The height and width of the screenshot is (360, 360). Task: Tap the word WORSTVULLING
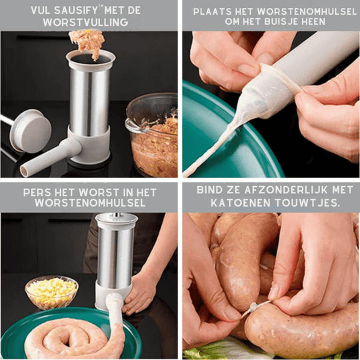85,22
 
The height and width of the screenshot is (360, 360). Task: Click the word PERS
37,193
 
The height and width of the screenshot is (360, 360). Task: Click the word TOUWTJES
307,203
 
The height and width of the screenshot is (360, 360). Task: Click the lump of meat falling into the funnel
87,43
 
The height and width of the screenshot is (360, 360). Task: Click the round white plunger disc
30,131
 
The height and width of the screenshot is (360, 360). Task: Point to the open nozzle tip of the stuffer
23,171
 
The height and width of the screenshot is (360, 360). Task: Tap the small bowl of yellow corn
51,292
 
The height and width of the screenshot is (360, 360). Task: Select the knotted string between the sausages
254,307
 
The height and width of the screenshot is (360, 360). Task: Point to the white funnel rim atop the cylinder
91,57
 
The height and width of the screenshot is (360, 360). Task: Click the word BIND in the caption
209,190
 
